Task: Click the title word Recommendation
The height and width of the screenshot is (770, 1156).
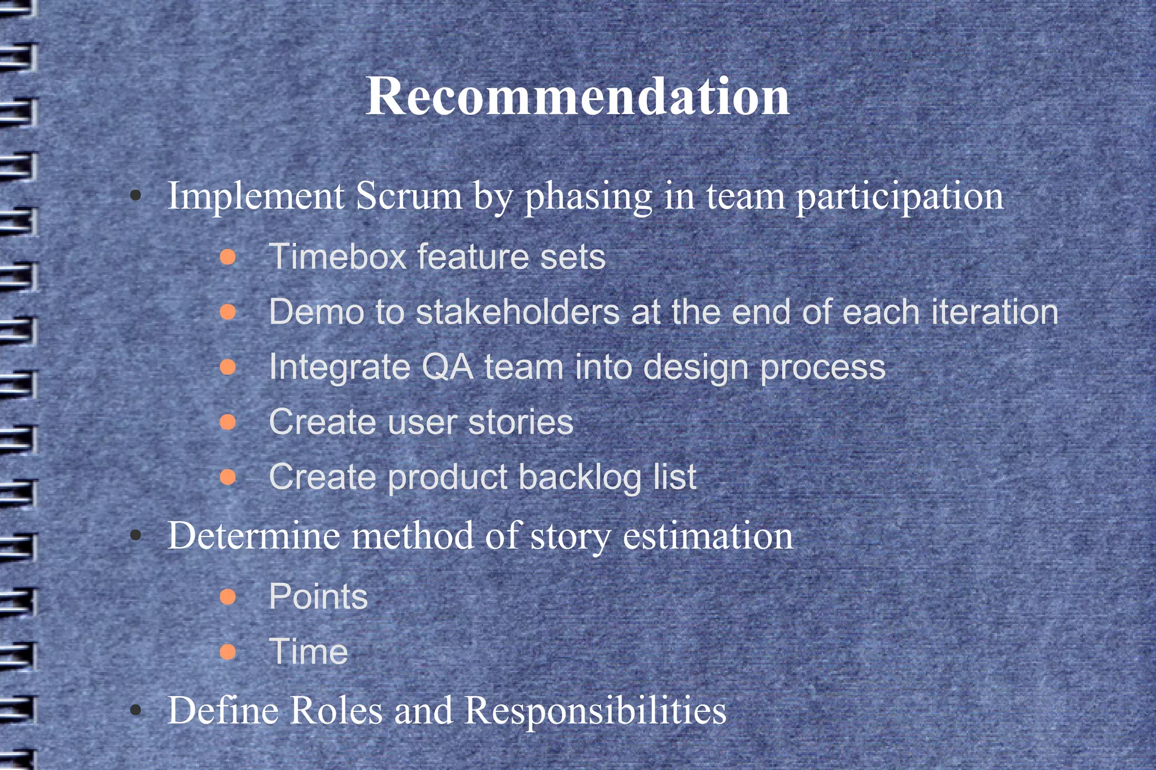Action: click(577, 96)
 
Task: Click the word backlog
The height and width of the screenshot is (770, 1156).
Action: click(580, 477)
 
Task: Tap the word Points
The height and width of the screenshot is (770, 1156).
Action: click(318, 596)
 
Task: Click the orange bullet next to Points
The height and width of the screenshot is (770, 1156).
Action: click(227, 597)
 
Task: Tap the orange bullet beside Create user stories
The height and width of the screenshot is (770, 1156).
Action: click(227, 422)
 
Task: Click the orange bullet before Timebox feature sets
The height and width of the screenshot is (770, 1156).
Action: click(227, 257)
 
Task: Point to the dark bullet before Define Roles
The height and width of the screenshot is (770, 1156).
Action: click(135, 710)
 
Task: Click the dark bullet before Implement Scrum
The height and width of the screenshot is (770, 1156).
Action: click(135, 196)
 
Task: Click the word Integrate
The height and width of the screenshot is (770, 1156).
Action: click(339, 367)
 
